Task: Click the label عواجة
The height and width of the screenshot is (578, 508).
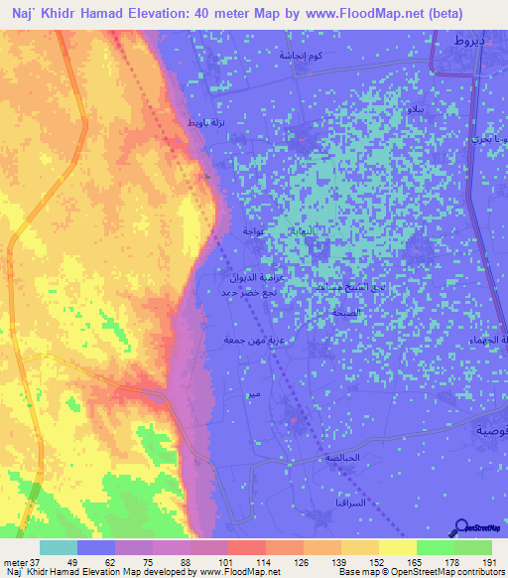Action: (252, 230)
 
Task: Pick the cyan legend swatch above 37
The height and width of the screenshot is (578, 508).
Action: (59, 547)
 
